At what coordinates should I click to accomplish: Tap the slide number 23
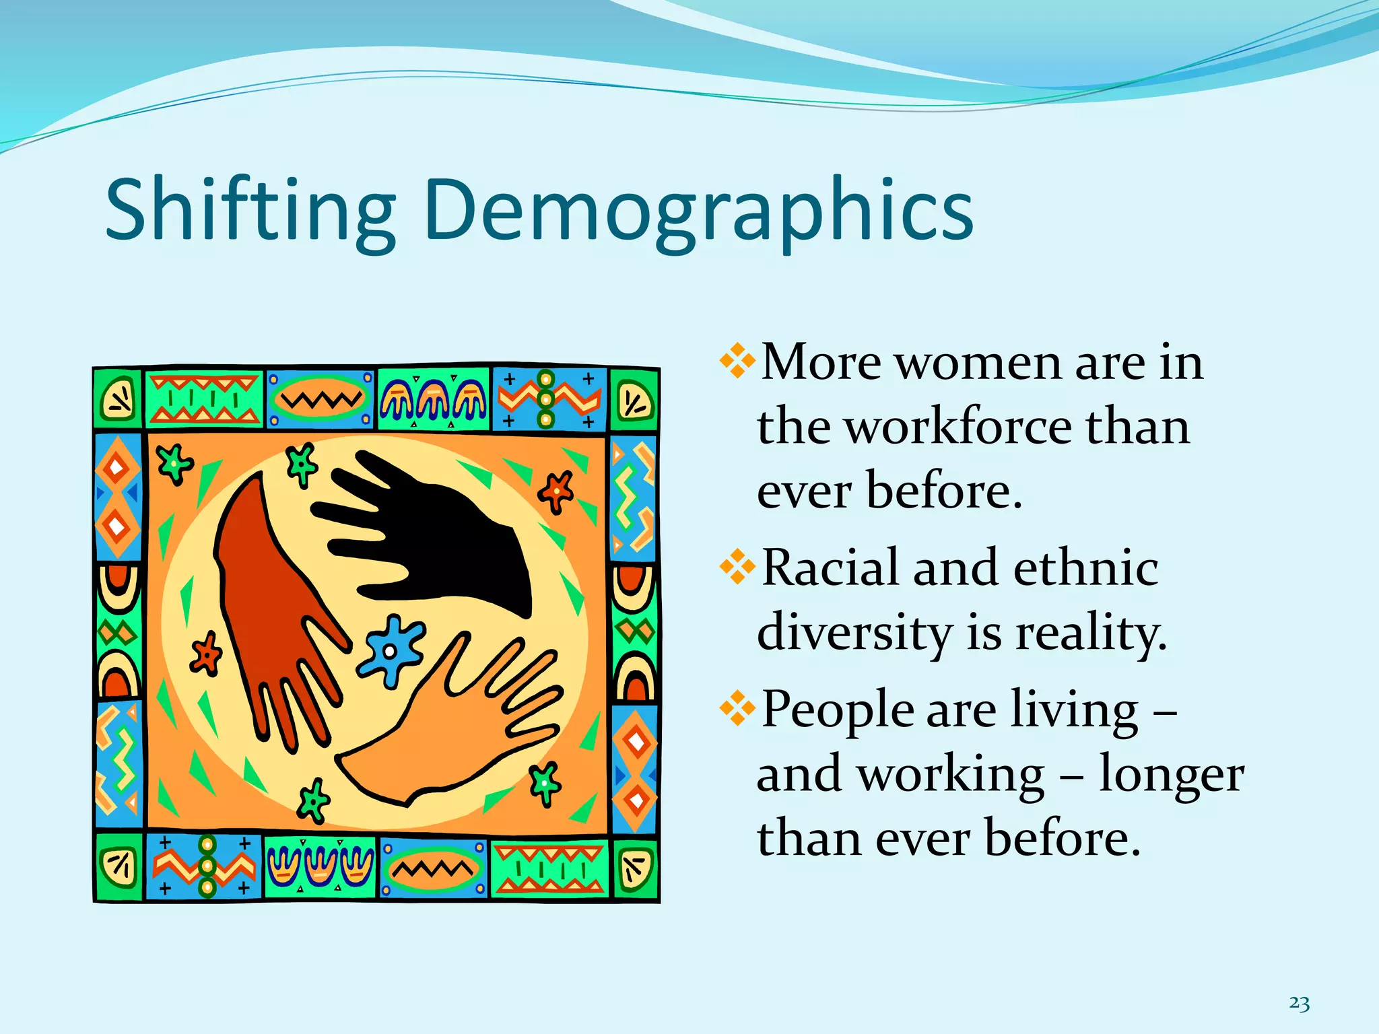1299,1003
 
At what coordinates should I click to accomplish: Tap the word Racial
830,567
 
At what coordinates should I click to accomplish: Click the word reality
1090,633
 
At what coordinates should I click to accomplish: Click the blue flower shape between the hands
391,650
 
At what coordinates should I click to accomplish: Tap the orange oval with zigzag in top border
319,400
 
